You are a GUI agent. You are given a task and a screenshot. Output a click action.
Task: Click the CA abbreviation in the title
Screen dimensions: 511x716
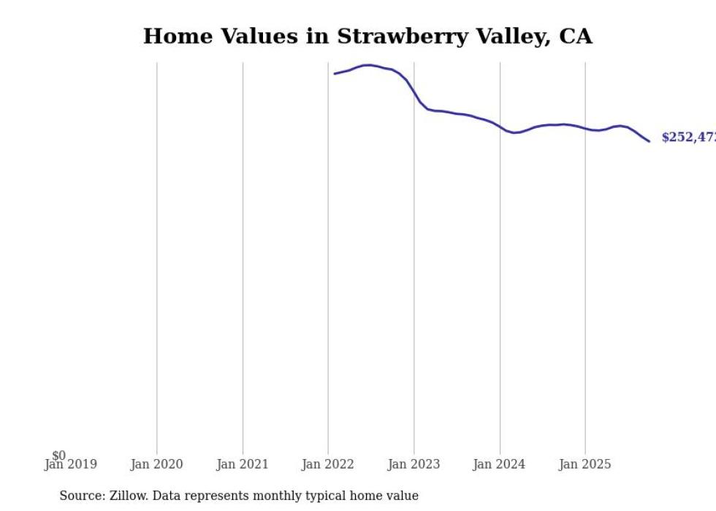point(576,37)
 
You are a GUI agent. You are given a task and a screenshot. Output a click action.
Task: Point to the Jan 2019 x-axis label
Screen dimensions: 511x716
point(70,464)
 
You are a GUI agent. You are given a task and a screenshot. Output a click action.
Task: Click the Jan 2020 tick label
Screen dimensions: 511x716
point(156,464)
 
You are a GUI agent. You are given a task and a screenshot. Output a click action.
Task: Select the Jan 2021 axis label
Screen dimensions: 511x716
point(243,464)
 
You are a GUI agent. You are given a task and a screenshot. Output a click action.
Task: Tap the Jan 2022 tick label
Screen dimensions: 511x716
point(328,464)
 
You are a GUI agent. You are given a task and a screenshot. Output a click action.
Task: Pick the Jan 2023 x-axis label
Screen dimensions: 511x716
point(414,464)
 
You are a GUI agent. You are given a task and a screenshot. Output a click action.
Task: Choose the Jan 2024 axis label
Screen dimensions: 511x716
point(499,464)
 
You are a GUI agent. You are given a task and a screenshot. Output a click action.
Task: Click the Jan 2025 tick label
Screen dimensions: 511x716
point(584,464)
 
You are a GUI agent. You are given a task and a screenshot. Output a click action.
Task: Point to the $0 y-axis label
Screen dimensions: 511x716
point(58,455)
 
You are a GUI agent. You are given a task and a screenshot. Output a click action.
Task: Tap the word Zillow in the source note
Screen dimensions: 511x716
point(126,496)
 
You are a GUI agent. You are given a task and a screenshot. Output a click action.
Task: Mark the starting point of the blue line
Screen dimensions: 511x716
point(335,74)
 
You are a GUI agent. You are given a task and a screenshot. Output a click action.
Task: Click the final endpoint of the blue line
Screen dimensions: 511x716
point(649,141)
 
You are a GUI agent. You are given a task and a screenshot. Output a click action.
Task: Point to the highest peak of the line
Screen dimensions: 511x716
point(369,65)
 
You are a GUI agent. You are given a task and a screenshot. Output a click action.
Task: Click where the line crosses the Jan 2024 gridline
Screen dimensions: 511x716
point(500,128)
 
